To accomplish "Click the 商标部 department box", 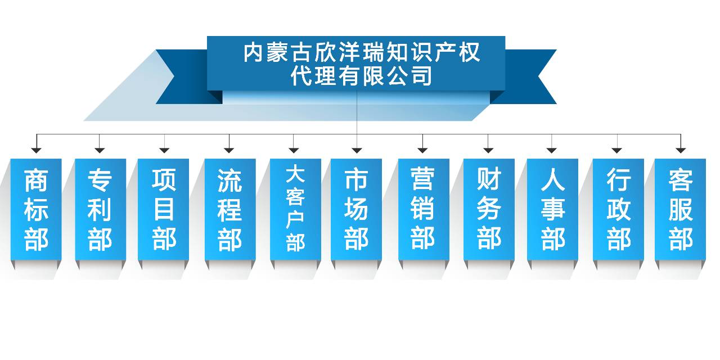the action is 36,209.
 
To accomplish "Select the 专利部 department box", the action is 100,209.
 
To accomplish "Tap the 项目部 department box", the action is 163,209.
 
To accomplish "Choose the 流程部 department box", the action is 230,209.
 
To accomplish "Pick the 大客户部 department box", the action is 295,209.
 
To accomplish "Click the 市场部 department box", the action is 356,209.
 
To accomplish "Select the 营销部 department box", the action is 424,209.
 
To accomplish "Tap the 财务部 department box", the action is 489,209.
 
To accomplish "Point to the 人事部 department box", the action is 552,209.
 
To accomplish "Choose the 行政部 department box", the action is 618,209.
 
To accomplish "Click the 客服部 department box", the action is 681,209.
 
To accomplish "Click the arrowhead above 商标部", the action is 37,150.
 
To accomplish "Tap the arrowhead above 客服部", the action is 681,150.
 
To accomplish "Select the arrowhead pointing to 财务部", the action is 488,150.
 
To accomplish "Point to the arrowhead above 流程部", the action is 229,150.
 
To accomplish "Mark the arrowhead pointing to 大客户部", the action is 294,150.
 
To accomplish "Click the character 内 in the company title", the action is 253,52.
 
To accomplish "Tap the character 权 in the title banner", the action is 470,52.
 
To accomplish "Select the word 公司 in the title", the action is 409,76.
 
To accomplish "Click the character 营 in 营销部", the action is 422,178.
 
